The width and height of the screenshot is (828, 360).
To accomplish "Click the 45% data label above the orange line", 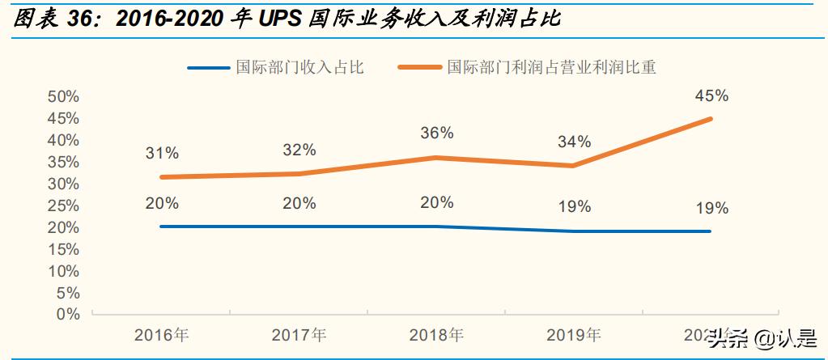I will click(711, 95).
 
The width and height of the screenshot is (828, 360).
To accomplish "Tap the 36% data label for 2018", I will click(437, 133).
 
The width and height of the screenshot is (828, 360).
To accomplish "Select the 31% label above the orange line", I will click(162, 152).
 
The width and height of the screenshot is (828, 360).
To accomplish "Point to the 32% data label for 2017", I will click(299, 150).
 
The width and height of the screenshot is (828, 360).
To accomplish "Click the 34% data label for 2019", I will click(574, 142).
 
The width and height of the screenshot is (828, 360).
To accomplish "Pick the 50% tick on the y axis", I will click(64, 96).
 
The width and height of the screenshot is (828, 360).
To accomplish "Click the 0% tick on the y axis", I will click(68, 314).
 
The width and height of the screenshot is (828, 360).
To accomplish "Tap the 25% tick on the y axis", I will click(64, 205).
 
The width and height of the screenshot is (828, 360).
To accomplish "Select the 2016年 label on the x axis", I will click(162, 335).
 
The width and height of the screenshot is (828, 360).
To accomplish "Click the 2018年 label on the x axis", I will click(437, 335).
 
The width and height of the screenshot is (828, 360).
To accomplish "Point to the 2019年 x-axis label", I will click(574, 335).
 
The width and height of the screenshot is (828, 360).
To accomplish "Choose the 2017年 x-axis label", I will click(299, 335).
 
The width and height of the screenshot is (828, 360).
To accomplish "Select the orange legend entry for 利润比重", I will click(550, 67).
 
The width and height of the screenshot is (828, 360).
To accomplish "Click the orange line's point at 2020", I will click(711, 119).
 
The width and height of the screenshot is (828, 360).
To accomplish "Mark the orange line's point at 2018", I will click(437, 158).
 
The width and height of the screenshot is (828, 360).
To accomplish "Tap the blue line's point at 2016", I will click(163, 227).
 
